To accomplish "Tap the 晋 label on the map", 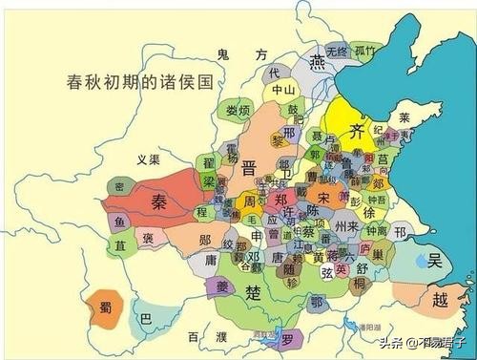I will point(250,168).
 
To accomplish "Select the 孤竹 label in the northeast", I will point(364,52).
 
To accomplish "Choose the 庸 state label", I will point(210,260).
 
